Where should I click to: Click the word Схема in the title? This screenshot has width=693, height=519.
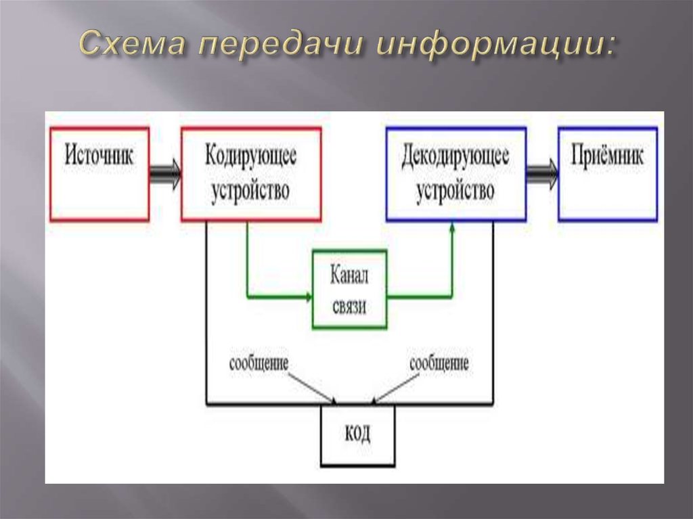pos(132,43)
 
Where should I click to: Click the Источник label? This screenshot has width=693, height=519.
pos(99,155)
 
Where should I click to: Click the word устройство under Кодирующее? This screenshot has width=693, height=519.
pos(250,191)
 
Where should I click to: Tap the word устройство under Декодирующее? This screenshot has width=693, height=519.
pos(455,191)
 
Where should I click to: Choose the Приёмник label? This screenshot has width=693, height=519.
pos(607,156)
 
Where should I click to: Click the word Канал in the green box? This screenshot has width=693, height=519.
pos(349,275)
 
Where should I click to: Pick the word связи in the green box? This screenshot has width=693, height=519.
pos(349,306)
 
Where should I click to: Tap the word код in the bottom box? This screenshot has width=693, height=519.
pos(357,433)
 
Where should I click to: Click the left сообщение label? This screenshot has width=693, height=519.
pos(259,363)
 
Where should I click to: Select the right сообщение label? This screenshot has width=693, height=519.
pos(439,363)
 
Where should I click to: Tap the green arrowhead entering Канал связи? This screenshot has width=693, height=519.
pos(309,296)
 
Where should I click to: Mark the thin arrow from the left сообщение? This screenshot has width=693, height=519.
pos(313,388)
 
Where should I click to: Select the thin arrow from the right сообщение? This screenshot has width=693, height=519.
pos(395,389)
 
